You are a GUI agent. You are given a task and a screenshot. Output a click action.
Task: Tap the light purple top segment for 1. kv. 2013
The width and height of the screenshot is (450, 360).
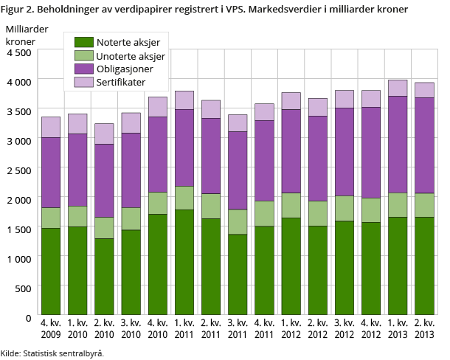tap(398, 88)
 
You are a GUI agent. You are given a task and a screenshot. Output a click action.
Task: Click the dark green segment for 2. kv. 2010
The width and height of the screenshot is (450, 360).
tap(105, 277)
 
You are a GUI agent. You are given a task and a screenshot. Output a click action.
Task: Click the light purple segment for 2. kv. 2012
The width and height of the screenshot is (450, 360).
tap(317, 107)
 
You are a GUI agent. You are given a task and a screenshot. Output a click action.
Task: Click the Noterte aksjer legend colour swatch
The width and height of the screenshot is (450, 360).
tap(84, 42)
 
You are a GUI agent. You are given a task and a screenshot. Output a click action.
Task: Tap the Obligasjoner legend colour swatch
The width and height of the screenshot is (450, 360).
tap(84, 69)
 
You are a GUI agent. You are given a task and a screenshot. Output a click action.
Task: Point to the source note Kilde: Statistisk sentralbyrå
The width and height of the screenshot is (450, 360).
tap(52, 353)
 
